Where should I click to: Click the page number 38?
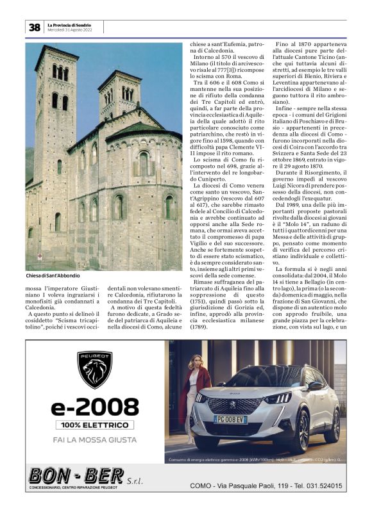34,27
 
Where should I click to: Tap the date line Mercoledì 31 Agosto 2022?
74,30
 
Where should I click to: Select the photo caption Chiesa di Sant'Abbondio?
54,276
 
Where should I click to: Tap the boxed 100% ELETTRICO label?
95,425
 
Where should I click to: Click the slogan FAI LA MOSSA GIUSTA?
95,440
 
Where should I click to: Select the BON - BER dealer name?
76,476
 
